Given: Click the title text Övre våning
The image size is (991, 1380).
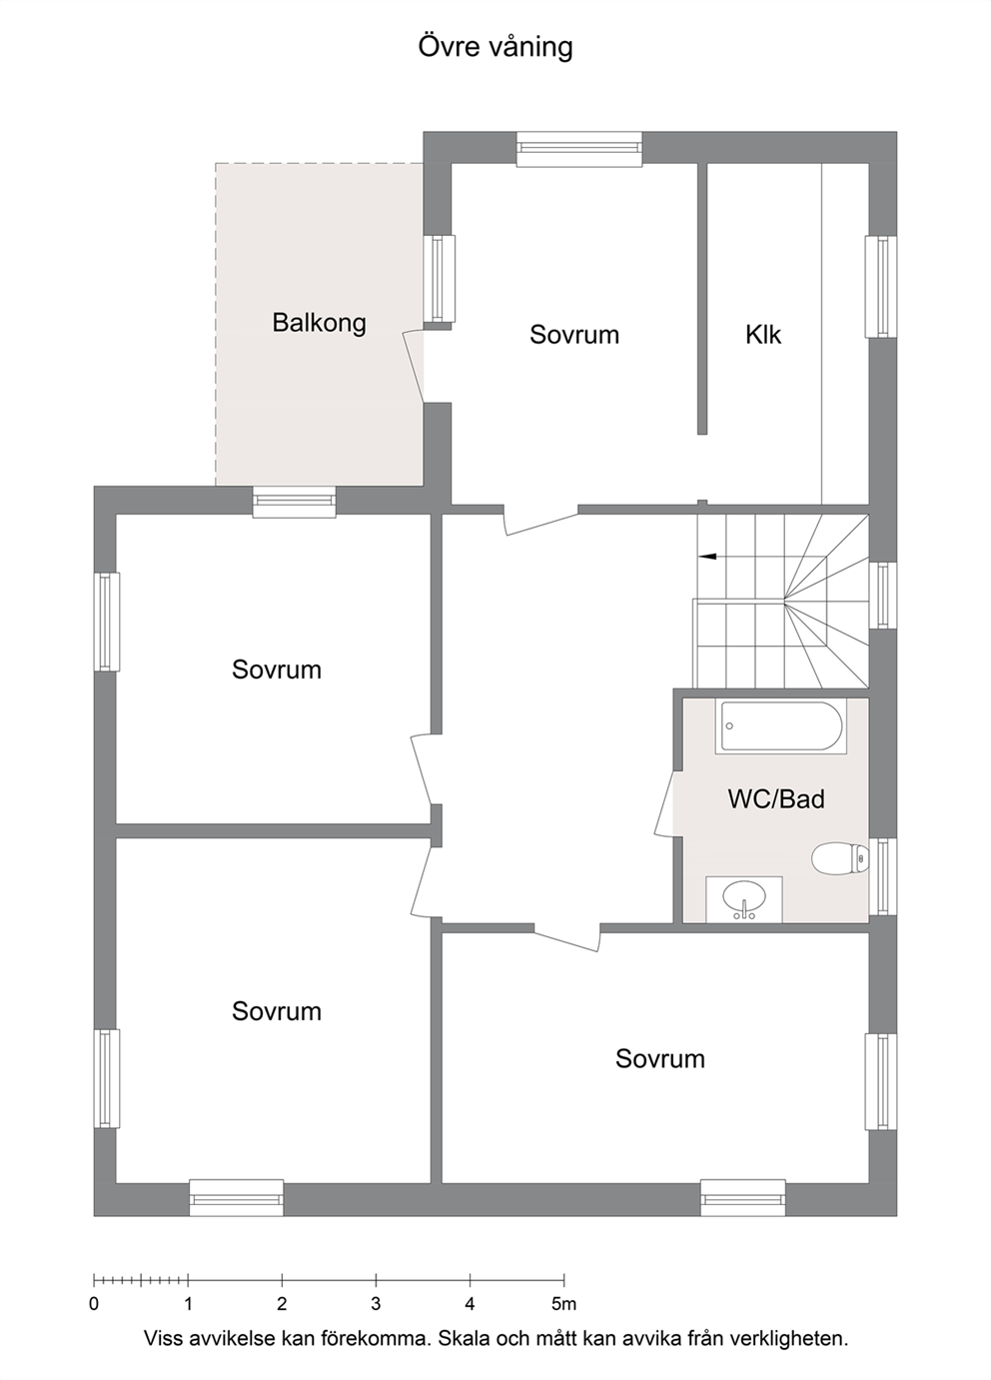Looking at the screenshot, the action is tap(495, 47).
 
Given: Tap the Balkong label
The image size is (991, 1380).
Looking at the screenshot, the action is tap(319, 322).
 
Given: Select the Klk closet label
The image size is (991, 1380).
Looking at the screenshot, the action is tap(763, 335).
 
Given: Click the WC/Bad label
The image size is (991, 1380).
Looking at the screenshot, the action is tap(776, 799).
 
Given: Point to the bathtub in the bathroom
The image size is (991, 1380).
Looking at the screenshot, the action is tap(781, 726).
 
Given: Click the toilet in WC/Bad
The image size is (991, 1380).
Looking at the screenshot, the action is tap(840, 858).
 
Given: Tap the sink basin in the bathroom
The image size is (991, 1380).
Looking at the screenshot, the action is tap(744, 898).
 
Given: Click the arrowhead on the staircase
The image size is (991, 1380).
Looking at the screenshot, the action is tap(707, 557).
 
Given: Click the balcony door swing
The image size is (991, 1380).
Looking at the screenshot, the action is tap(414, 366).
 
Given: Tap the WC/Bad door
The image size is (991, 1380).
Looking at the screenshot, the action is tap(665, 803).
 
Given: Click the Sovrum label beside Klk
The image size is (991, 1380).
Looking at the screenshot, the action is tap(574, 335).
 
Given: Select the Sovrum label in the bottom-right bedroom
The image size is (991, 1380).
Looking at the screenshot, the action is tap(659, 1058).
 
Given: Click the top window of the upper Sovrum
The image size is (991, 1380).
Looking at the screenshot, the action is tap(579, 149).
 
